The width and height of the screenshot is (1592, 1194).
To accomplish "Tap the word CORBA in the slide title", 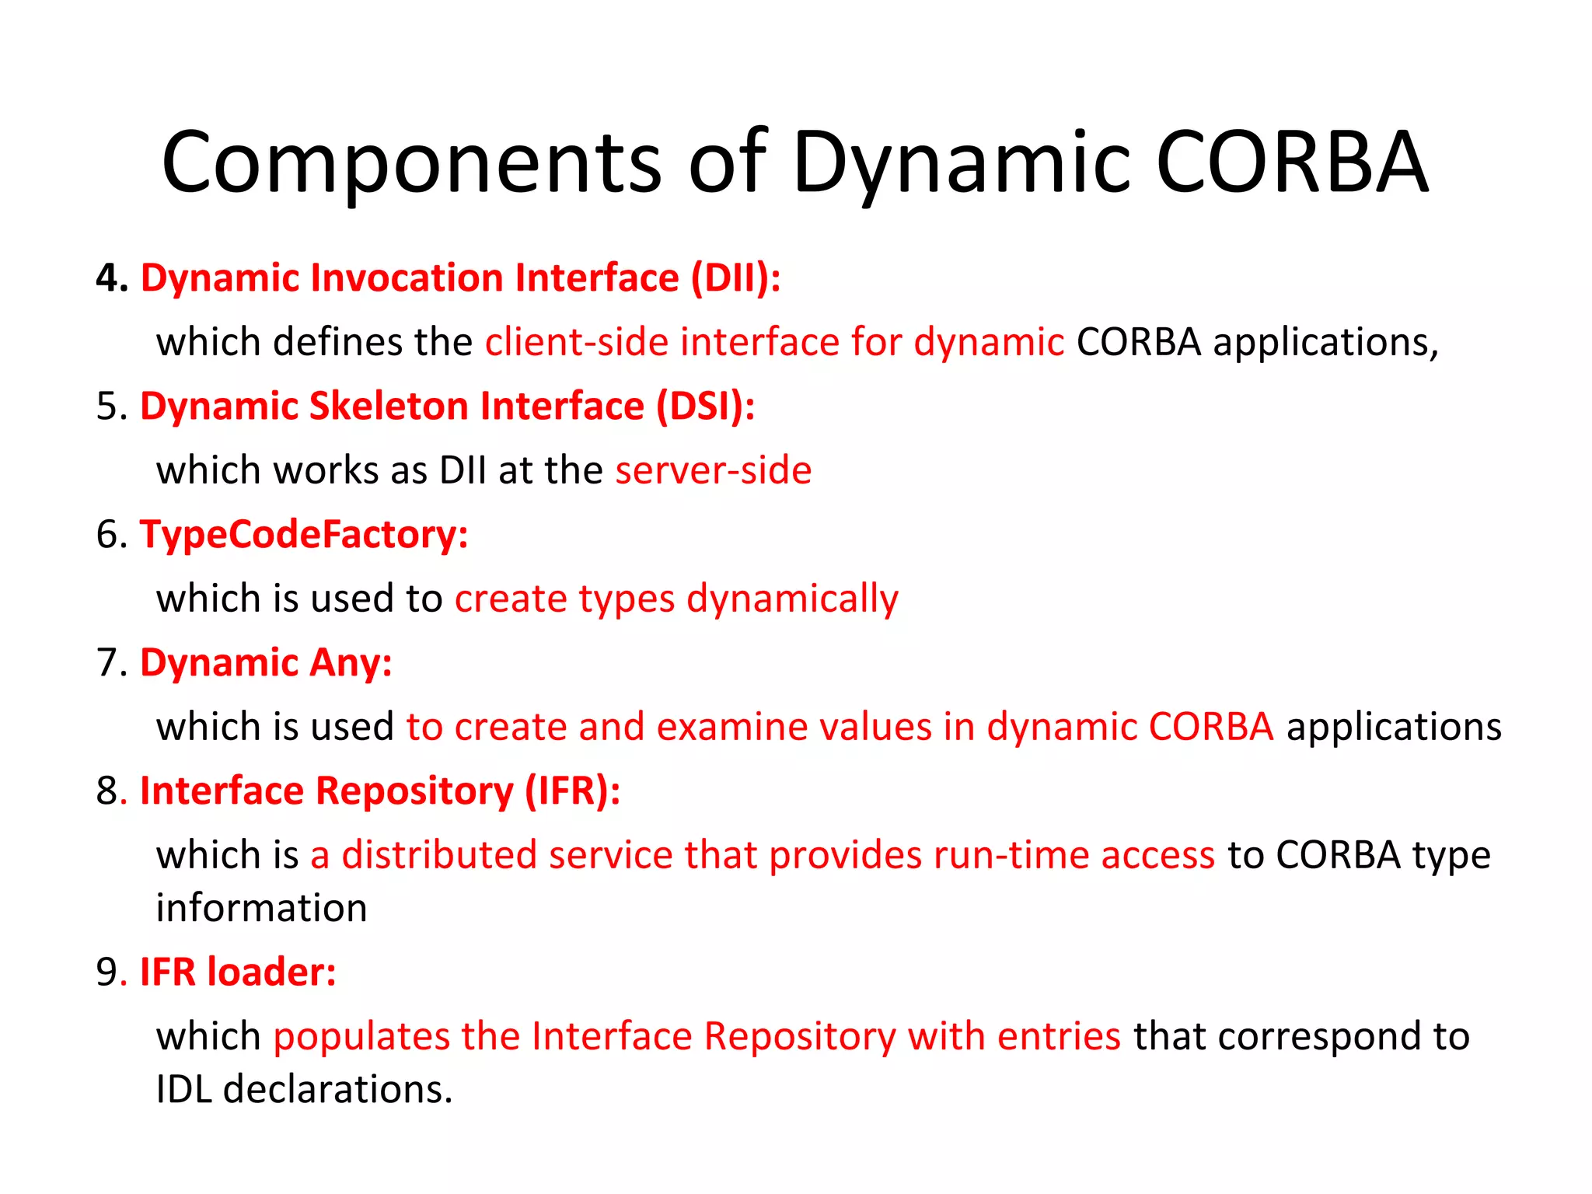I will pos(1291,163).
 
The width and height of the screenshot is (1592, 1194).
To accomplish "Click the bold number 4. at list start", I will pos(112,278).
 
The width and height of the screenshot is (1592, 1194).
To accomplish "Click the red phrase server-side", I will pos(713,470).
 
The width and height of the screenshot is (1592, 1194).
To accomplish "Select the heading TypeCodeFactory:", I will pos(304,535).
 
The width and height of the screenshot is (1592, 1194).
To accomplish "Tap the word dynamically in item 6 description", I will pos(792,599).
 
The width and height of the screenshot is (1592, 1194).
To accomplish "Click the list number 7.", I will pos(111,663).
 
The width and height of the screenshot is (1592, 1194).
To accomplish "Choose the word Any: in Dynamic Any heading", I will pos(351,663).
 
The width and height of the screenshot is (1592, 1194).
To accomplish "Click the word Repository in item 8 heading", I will pos(415,791).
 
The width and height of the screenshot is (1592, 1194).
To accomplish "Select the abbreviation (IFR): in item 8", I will pos(572,791).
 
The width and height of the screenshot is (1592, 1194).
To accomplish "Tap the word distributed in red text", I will pos(439,855).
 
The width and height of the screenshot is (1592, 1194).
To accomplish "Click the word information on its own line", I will pos(261,908).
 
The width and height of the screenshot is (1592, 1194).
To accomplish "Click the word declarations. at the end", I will pos(337,1089).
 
